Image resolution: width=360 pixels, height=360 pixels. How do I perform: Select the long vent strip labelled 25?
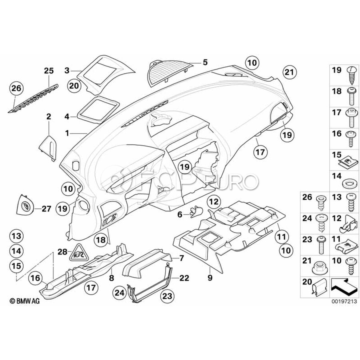[35, 99]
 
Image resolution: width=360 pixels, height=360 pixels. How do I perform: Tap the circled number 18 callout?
[101, 240]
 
